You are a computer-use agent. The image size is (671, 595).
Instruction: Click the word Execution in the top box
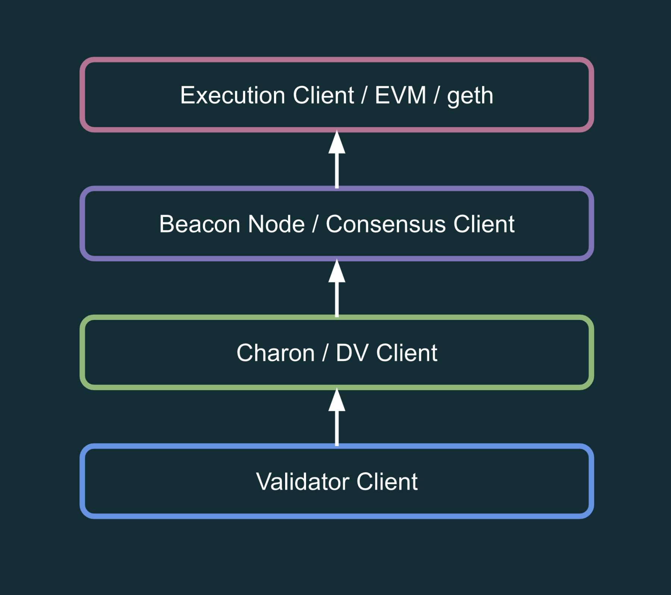(x=232, y=96)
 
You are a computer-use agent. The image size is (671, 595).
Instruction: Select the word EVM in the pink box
(x=400, y=96)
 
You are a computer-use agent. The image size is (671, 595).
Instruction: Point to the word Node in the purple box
(x=276, y=224)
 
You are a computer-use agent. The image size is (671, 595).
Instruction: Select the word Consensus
(x=386, y=224)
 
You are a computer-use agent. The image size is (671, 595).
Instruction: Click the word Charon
(x=275, y=353)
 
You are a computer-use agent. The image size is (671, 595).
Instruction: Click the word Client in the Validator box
(x=387, y=482)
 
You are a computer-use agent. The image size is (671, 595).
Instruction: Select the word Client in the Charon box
(x=406, y=353)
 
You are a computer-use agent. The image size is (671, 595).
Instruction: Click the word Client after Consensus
(x=484, y=224)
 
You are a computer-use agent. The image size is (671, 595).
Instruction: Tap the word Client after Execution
(x=323, y=96)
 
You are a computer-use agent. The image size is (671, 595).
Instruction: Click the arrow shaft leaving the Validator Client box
(x=337, y=429)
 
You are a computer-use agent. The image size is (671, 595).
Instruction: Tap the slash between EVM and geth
(x=436, y=96)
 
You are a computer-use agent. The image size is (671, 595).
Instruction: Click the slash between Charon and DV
(x=325, y=353)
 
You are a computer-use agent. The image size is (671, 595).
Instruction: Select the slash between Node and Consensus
(x=315, y=224)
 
